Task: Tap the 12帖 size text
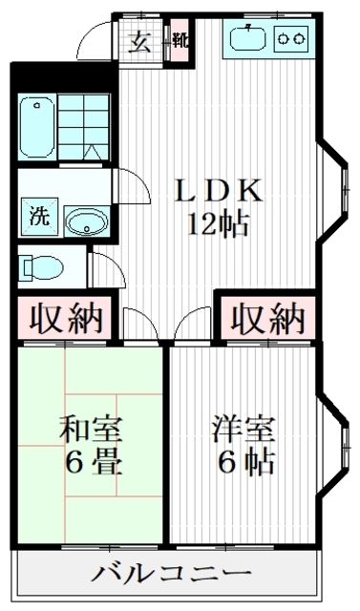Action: [x=219, y=226]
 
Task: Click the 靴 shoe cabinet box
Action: [x=179, y=42]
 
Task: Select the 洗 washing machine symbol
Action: [x=38, y=217]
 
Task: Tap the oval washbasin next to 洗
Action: [x=87, y=222]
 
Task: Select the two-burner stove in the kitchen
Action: [x=291, y=39]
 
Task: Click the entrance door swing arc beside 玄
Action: [x=95, y=38]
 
